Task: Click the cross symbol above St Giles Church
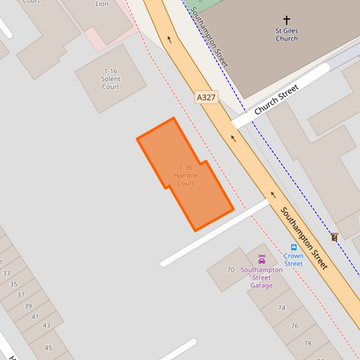click(286, 21)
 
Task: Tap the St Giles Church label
click(286, 34)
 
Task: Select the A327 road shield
click(207, 98)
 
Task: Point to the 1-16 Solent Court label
click(111, 79)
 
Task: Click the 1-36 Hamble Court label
click(186, 176)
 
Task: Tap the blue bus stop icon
click(294, 248)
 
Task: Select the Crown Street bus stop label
click(293, 259)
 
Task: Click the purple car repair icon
click(262, 259)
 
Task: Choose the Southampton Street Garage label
click(261, 277)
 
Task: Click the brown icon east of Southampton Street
click(334, 237)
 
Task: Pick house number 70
click(230, 270)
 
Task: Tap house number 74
click(282, 307)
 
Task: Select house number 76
click(294, 326)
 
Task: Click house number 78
click(307, 343)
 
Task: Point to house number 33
click(6, 273)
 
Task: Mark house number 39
click(28, 306)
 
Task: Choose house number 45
click(48, 349)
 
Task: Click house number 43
click(47, 326)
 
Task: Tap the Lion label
click(102, 4)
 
